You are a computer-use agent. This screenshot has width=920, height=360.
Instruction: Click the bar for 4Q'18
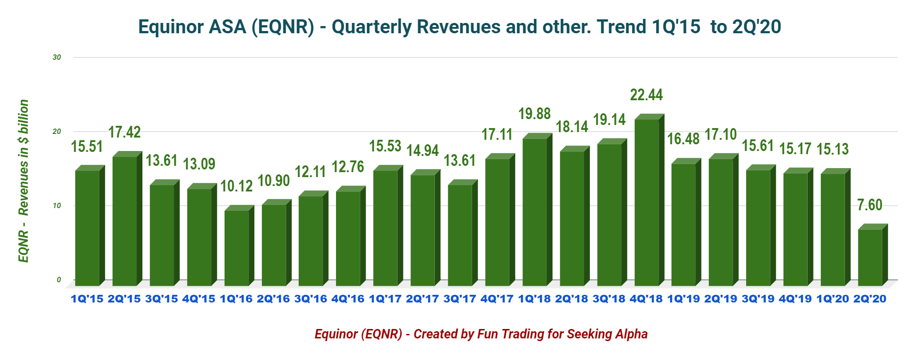(x=647, y=202)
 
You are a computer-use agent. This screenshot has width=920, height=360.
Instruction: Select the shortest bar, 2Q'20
(x=870, y=257)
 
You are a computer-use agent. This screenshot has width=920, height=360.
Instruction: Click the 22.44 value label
(x=646, y=95)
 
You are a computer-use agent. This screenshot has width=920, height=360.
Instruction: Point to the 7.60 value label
(x=870, y=205)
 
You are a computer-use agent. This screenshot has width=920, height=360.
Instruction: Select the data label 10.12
(x=236, y=186)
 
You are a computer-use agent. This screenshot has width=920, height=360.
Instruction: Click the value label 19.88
(x=535, y=114)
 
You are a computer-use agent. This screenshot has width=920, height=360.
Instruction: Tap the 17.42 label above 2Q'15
(x=124, y=132)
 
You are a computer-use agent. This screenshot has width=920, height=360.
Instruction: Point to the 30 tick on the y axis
(x=57, y=58)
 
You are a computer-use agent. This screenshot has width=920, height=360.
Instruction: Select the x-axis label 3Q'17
(x=460, y=299)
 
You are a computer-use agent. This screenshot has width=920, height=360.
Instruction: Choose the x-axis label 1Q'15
(x=87, y=299)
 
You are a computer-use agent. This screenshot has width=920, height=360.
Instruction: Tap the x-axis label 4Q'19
(x=795, y=299)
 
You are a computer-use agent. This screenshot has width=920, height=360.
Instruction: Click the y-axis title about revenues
(x=23, y=181)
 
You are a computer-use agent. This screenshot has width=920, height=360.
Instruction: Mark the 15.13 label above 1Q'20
(x=832, y=149)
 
